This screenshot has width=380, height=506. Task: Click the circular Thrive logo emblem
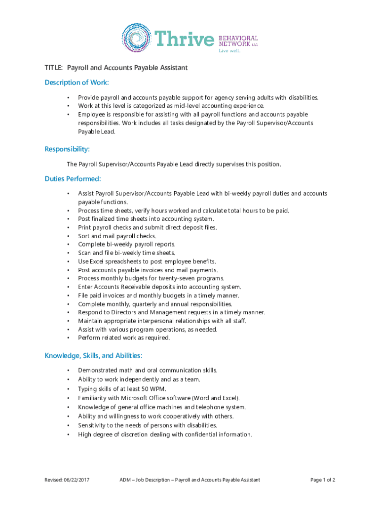[137, 38]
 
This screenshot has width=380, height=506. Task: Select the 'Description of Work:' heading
[76, 82]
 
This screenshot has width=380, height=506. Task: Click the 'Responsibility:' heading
[67, 149]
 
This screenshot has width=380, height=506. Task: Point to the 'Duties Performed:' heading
[73, 178]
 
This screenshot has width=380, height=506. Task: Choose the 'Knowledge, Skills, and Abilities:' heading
[94, 355]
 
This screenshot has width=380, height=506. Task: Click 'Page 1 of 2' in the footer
[323, 480]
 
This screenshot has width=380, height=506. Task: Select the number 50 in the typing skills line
[143, 389]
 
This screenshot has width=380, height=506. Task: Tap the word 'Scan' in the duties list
[85, 253]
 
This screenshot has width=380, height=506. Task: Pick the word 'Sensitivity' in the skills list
[93, 425]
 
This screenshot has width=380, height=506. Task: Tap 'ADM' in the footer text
[126, 480]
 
